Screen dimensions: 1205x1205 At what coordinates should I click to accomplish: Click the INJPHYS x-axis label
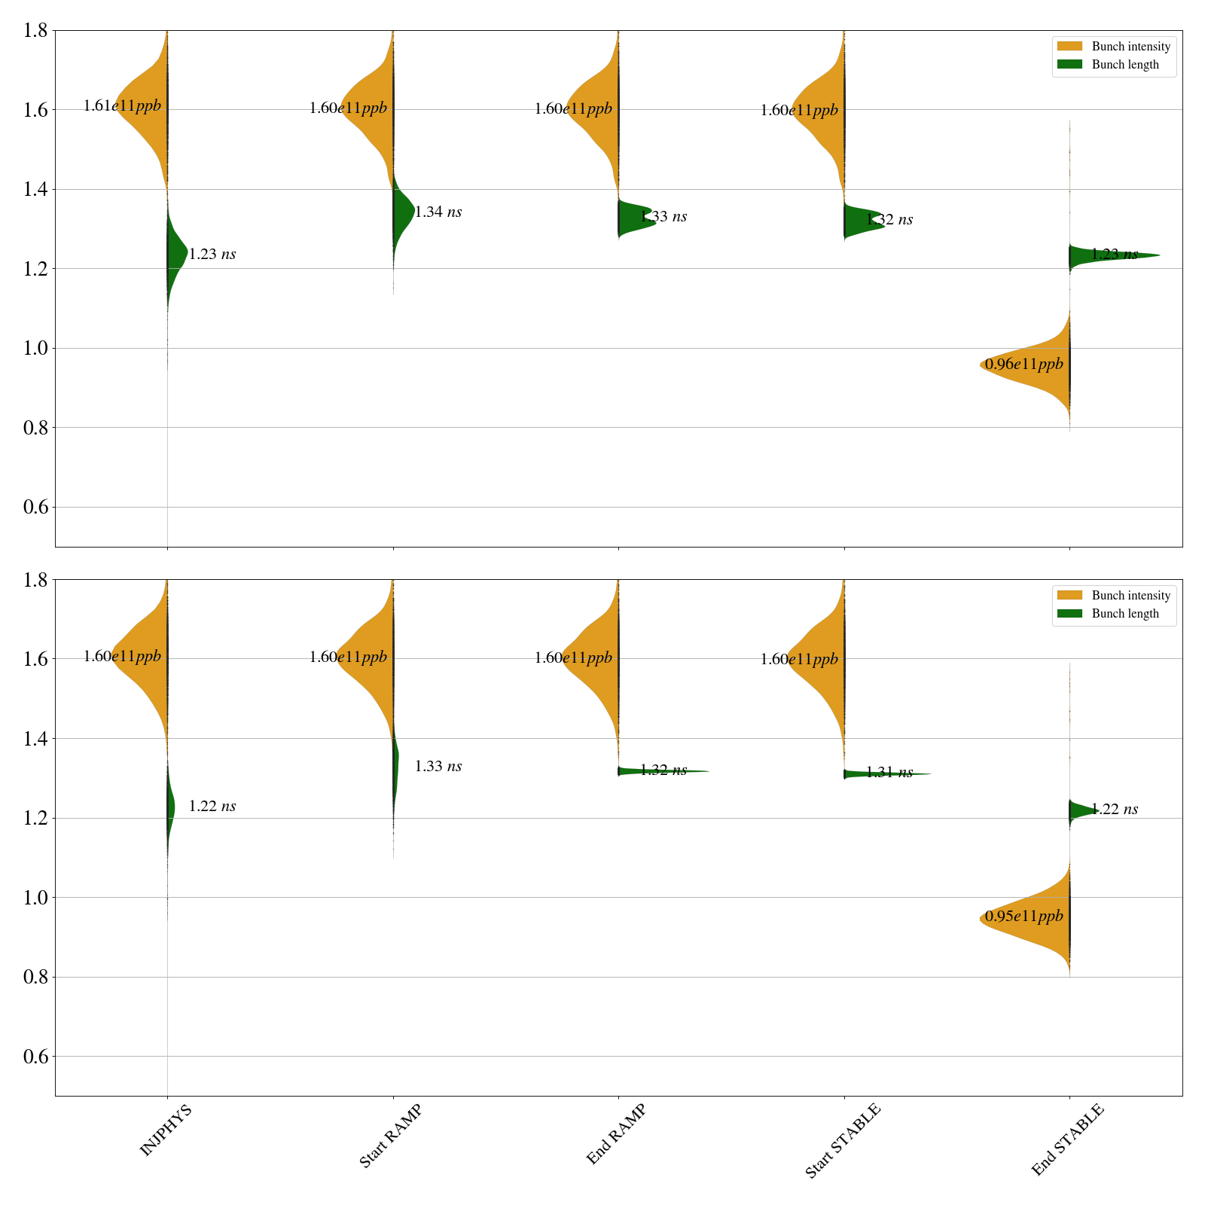click(x=166, y=1130)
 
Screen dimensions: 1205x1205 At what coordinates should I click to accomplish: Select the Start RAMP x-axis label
click(x=390, y=1136)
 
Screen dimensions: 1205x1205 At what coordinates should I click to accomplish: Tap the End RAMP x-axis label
click(x=616, y=1134)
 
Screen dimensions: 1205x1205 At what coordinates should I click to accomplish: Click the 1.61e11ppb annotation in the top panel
click(x=122, y=105)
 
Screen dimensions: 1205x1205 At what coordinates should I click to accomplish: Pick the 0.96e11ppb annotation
click(x=1024, y=365)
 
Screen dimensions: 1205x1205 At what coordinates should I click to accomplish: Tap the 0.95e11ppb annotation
click(x=1024, y=917)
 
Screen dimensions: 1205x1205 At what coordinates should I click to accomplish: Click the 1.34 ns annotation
click(x=438, y=212)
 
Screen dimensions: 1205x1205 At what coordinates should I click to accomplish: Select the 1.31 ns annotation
click(x=889, y=773)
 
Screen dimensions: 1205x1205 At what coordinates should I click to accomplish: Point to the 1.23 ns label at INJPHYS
click(x=212, y=255)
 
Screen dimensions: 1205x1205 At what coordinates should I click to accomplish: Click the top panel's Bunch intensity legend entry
click(x=1130, y=47)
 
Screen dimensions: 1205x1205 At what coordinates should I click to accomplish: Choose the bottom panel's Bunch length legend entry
click(x=1125, y=614)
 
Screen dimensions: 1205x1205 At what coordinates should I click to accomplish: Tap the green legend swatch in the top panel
click(x=1069, y=65)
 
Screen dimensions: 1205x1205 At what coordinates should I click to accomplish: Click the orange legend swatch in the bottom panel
click(x=1069, y=595)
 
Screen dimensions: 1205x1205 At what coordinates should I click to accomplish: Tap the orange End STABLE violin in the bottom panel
click(x=1039, y=919)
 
